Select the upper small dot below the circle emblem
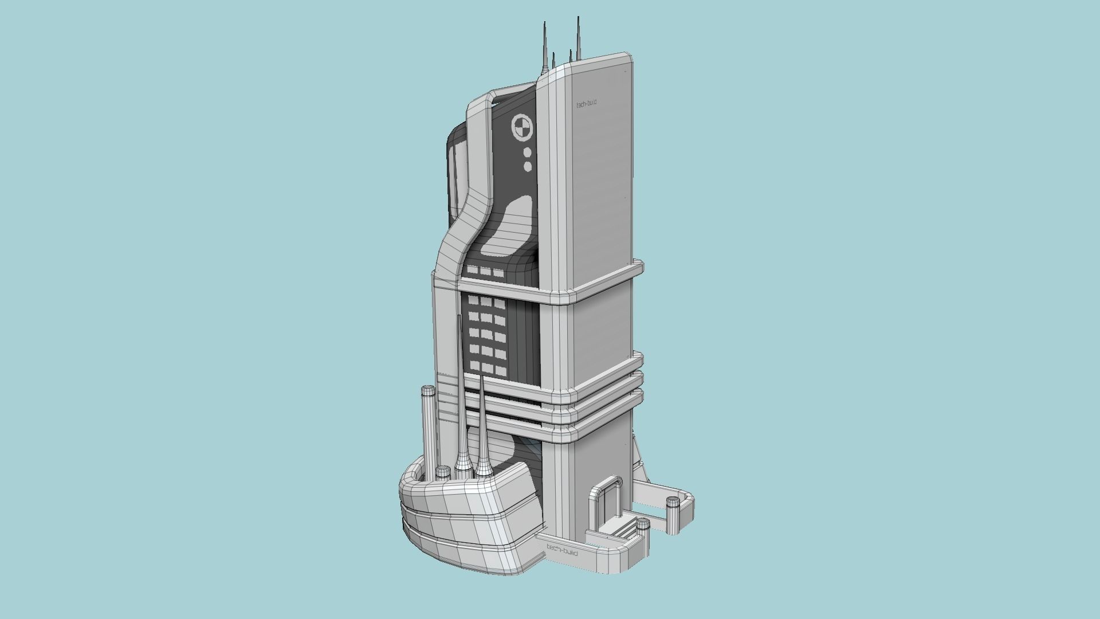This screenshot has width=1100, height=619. (x=527, y=152)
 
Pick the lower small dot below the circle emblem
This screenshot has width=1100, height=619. (x=528, y=166)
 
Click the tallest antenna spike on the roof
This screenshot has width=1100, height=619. (x=578, y=37)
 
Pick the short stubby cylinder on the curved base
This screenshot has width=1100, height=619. (x=443, y=473)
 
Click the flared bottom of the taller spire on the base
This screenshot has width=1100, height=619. (x=461, y=464)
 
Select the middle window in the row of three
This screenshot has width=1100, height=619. (x=486, y=271)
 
